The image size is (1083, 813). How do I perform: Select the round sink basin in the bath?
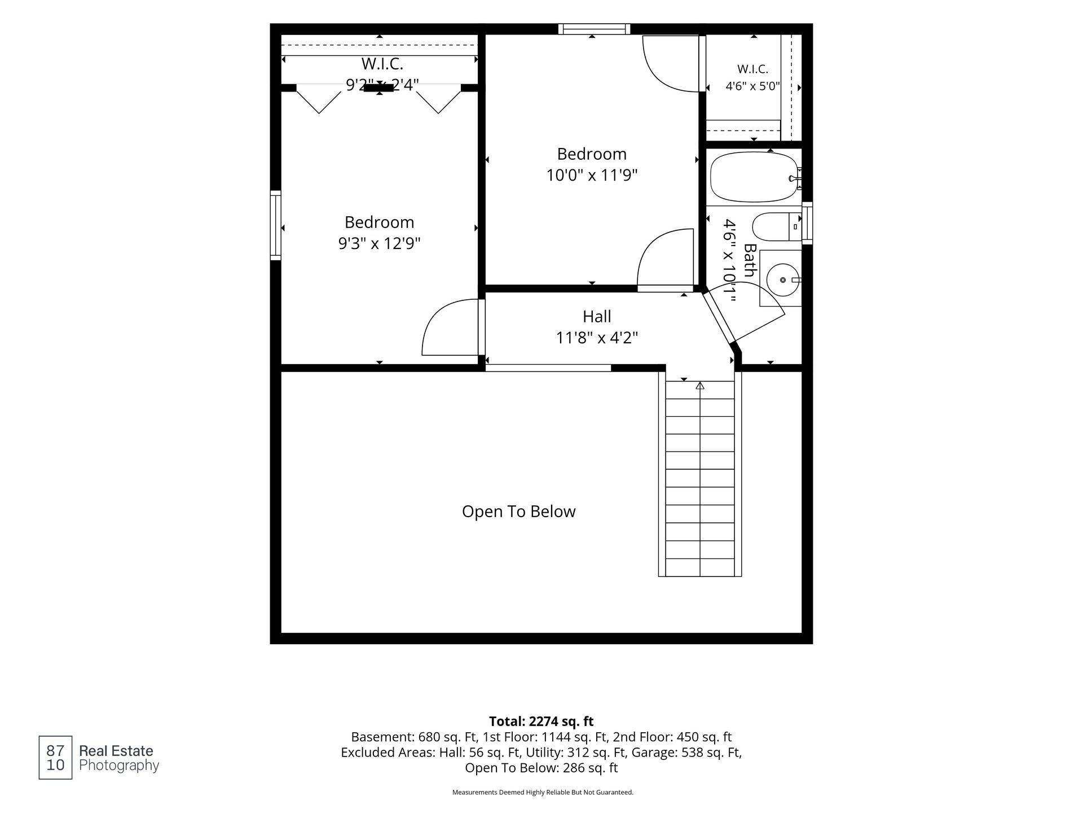click(x=783, y=279)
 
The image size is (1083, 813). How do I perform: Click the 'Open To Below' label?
click(x=518, y=512)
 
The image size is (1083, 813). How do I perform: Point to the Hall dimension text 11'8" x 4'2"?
click(x=597, y=338)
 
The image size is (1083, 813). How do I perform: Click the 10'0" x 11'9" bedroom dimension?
click(x=592, y=175)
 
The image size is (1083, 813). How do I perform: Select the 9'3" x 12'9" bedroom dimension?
click(x=379, y=243)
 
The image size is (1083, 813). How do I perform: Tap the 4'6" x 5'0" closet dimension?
click(x=752, y=86)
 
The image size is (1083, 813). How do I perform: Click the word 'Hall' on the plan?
click(x=597, y=316)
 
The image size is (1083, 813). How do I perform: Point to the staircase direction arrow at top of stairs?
click(x=700, y=385)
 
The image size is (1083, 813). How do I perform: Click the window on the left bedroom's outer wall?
click(x=276, y=225)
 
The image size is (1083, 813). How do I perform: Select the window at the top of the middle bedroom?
click(x=595, y=29)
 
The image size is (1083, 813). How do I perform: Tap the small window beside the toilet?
click(x=807, y=223)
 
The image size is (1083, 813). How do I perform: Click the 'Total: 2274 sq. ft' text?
click(x=541, y=721)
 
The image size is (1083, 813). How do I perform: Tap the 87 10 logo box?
click(x=55, y=758)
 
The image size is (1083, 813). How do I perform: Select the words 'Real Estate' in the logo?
click(x=116, y=751)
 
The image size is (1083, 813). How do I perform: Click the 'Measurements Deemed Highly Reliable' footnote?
click(x=543, y=792)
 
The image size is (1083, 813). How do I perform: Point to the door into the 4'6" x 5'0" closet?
click(x=703, y=63)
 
